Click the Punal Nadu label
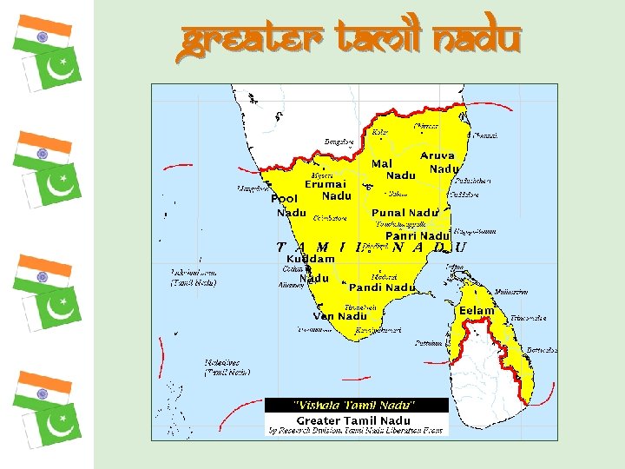(405, 213)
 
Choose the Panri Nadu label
(417, 236)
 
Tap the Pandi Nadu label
(383, 287)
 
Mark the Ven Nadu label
(340, 316)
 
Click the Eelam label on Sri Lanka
(477, 311)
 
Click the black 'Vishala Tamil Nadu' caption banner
(356, 405)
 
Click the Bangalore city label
(339, 142)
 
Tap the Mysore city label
(321, 175)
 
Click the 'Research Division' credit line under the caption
(356, 430)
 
